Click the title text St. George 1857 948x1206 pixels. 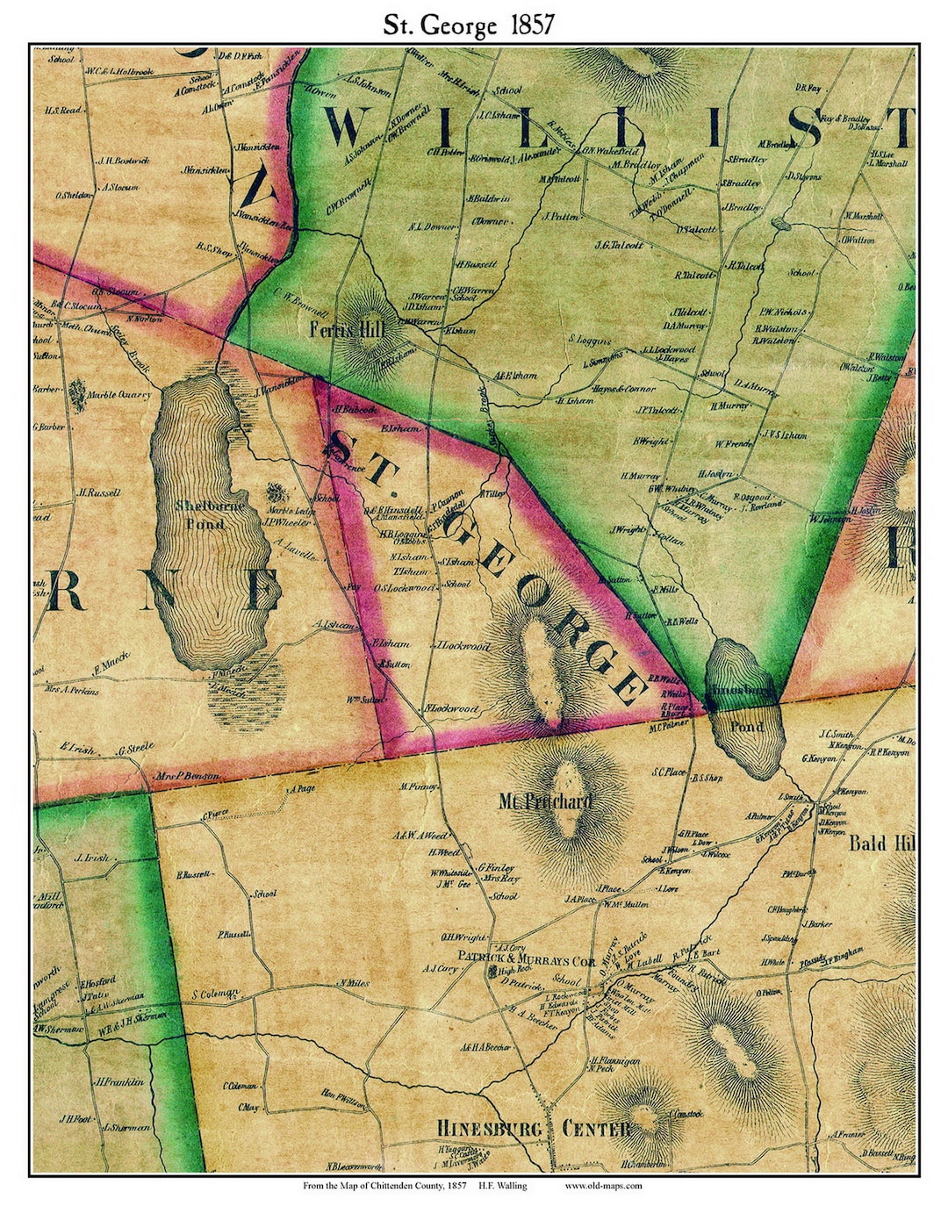(468, 24)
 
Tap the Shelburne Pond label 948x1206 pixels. (201, 515)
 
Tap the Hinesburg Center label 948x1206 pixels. (534, 1129)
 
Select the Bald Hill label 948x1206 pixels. (880, 843)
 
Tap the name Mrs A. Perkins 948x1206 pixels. (68, 691)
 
